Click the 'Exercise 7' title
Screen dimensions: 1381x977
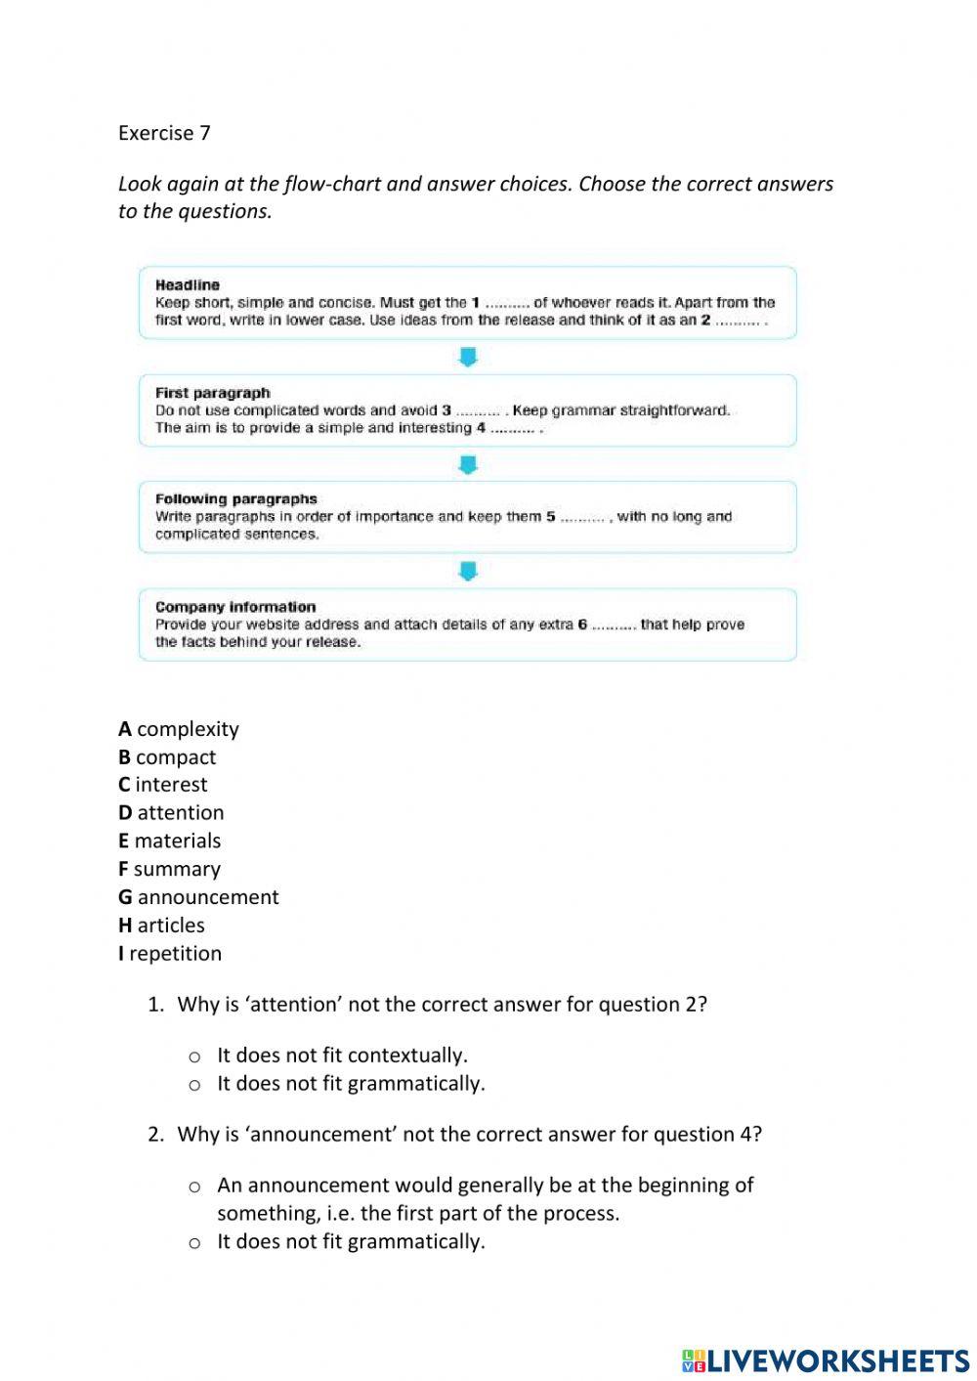click(x=164, y=133)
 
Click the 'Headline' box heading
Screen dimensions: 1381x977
click(x=188, y=285)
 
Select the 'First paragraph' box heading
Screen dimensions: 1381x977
click(x=212, y=393)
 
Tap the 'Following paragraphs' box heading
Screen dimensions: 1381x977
click(x=235, y=499)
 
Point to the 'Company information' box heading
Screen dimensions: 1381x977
click(x=234, y=607)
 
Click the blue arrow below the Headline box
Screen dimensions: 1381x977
click(x=468, y=358)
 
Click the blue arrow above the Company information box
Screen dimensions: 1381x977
click(x=468, y=571)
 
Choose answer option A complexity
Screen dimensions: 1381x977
click(x=179, y=729)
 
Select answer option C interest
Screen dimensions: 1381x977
click(x=163, y=785)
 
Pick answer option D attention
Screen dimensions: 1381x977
click(x=171, y=813)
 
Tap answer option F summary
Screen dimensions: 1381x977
click(x=169, y=869)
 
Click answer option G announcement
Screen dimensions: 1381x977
click(x=198, y=897)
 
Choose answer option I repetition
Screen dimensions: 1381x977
click(x=170, y=954)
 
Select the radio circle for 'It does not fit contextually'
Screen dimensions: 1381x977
click(x=194, y=1057)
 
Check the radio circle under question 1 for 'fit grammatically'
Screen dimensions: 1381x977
click(x=194, y=1085)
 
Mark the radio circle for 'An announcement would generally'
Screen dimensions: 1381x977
click(x=194, y=1187)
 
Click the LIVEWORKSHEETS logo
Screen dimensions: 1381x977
click(x=826, y=1359)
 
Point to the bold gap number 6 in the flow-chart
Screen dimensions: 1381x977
click(x=582, y=625)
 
